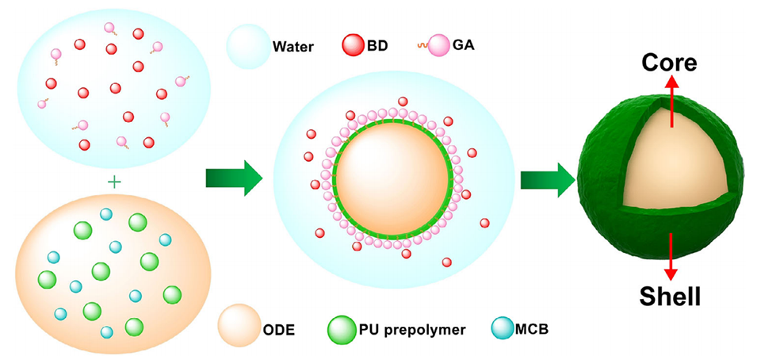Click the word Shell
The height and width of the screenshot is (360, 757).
click(x=670, y=297)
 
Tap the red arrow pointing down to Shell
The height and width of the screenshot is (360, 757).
click(x=671, y=254)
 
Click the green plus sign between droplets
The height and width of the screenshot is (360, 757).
click(x=114, y=182)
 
